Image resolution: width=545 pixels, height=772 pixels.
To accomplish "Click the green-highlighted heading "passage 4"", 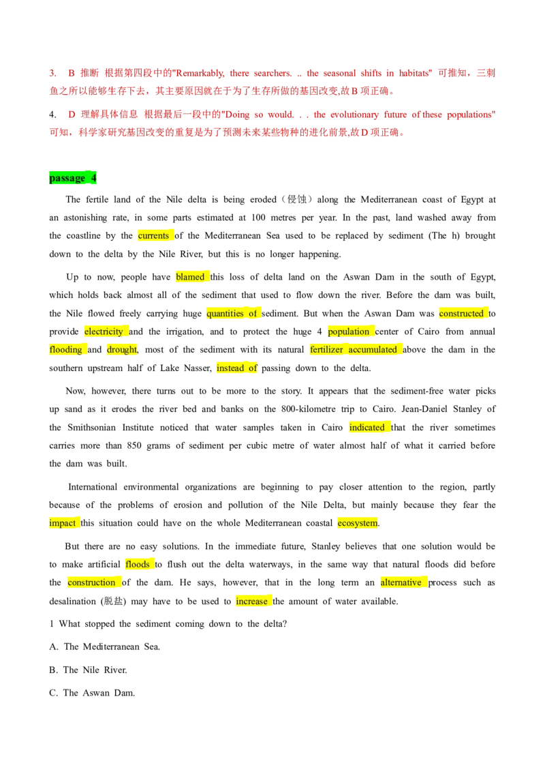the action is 73,178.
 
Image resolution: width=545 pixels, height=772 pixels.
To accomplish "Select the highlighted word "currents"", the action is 153,236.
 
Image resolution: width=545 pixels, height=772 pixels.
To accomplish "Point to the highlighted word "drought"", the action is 121,350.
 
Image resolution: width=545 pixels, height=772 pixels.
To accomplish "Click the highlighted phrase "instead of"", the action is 237,368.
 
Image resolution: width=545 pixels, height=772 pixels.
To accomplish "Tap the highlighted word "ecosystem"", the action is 358,523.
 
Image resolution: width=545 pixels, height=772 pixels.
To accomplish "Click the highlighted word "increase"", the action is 252,601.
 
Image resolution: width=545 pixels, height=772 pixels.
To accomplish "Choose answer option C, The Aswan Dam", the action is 92,693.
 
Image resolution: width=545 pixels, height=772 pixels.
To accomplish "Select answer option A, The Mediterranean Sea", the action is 105,647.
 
